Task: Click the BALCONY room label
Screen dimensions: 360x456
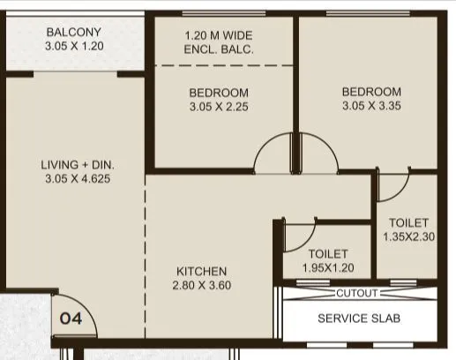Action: pyautogui.click(x=74, y=33)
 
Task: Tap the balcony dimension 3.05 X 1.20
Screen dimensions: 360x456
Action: pyautogui.click(x=74, y=47)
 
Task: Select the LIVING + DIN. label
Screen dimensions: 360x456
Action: pyautogui.click(x=78, y=164)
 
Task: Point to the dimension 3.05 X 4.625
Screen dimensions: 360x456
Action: pyautogui.click(x=78, y=178)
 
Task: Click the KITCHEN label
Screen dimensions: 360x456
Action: pyautogui.click(x=201, y=271)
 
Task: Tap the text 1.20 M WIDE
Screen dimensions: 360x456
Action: pyautogui.click(x=219, y=36)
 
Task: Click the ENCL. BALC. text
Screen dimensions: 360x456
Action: pyautogui.click(x=219, y=50)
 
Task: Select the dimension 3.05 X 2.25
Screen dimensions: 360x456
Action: pyautogui.click(x=218, y=107)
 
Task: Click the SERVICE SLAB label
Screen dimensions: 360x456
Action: pyautogui.click(x=359, y=319)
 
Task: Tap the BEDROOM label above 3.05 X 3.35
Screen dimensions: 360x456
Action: pyautogui.click(x=371, y=92)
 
